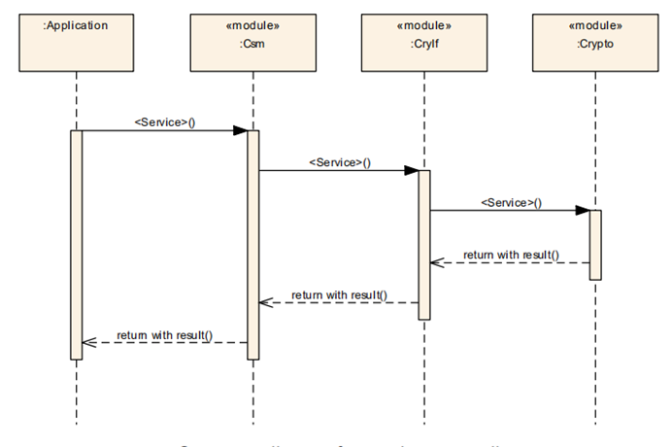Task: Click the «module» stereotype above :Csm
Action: [x=252, y=26]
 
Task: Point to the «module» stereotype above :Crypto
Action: [x=595, y=26]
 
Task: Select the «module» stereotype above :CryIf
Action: [x=424, y=26]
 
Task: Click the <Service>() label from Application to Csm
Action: [x=164, y=121]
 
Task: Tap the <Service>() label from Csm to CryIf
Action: [x=339, y=161]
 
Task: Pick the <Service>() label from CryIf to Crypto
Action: [x=511, y=202]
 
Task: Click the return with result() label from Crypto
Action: [x=511, y=255]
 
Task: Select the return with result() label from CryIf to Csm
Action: [x=339, y=294]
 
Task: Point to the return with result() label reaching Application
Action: [x=164, y=335]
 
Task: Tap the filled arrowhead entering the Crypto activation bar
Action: [x=583, y=210]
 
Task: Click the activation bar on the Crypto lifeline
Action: [x=595, y=244]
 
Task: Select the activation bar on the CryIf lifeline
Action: [x=424, y=243]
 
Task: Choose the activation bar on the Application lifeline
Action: [x=76, y=243]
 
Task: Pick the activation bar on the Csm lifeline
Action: [x=252, y=243]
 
